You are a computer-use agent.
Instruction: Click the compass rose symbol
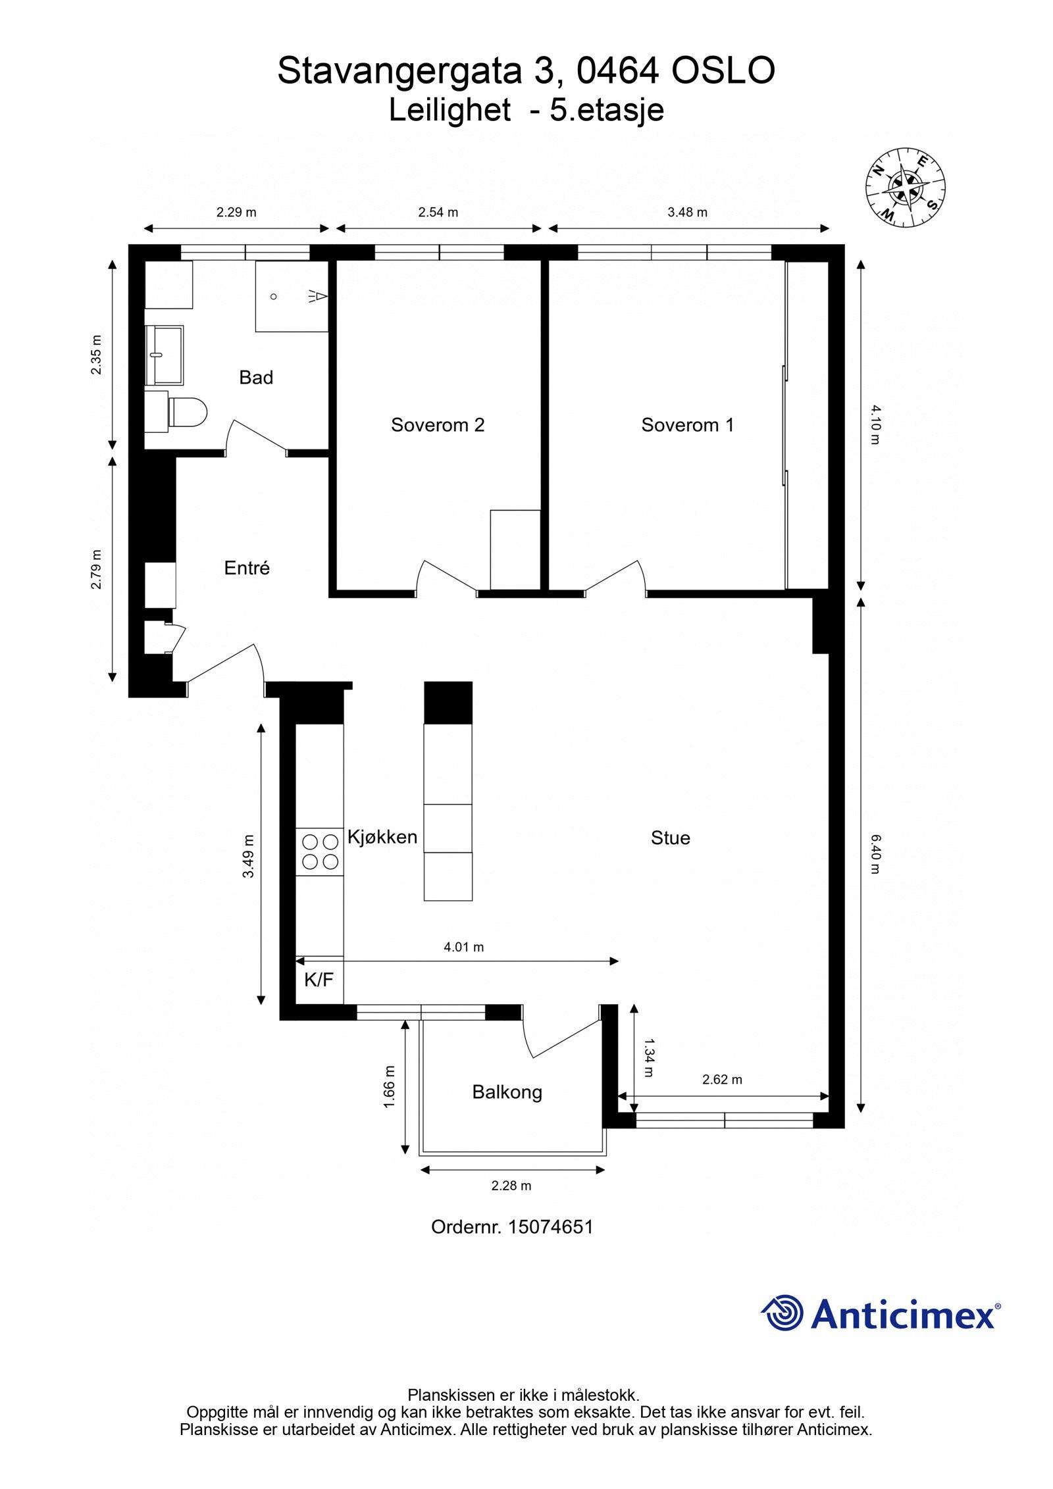[x=905, y=186]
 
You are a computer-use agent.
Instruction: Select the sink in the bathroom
[x=164, y=355]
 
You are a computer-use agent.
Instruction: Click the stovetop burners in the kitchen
[x=319, y=851]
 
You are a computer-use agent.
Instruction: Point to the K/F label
[x=319, y=980]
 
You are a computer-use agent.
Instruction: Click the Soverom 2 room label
[x=437, y=425]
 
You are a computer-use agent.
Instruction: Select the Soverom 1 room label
[x=687, y=425]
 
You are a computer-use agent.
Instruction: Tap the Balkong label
[x=507, y=1092]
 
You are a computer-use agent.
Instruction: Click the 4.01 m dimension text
[x=463, y=947]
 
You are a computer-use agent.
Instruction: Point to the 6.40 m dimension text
[x=875, y=853]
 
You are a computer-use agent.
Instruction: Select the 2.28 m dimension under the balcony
[x=511, y=1186]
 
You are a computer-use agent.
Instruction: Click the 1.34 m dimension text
[x=648, y=1057]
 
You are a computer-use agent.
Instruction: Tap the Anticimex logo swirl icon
[x=783, y=1313]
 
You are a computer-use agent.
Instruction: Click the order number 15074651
[x=550, y=1227]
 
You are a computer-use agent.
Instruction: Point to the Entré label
[x=247, y=568]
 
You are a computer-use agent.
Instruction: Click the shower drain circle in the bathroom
[x=274, y=297]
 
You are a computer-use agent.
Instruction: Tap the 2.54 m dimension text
[x=438, y=213]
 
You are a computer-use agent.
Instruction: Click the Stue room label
[x=670, y=838]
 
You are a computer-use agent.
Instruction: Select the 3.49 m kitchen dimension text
[x=248, y=856]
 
